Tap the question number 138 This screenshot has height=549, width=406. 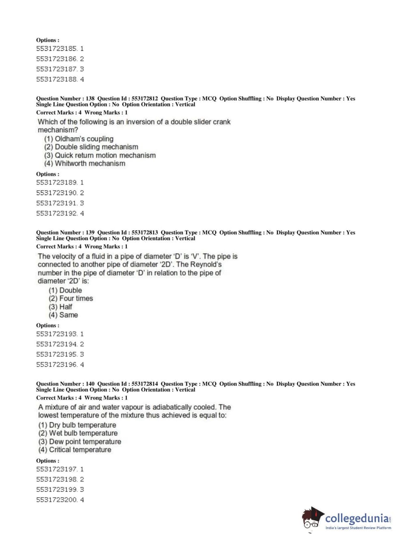[x=90, y=98]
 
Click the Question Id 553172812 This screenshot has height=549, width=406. [x=144, y=98]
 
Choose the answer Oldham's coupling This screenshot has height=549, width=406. [x=84, y=139]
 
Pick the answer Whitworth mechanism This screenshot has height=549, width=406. [x=90, y=164]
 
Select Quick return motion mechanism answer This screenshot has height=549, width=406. [x=105, y=155]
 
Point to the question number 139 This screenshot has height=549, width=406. [x=90, y=232]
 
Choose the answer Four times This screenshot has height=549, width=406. [x=76, y=298]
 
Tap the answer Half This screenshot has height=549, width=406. [x=65, y=307]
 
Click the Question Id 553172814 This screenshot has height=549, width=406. [x=144, y=383]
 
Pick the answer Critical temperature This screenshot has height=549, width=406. [x=80, y=450]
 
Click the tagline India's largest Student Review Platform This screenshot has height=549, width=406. [x=358, y=528]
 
